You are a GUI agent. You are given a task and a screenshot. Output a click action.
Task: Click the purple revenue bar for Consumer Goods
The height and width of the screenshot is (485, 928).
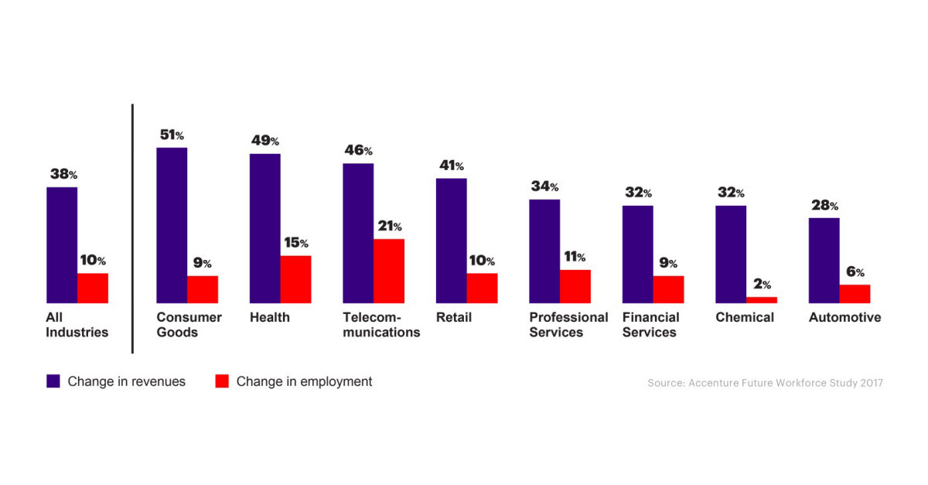tap(172, 224)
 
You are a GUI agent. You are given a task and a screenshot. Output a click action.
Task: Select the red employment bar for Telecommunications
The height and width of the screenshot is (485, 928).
tap(389, 271)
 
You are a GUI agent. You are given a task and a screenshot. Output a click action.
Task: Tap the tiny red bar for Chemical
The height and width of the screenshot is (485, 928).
tap(762, 299)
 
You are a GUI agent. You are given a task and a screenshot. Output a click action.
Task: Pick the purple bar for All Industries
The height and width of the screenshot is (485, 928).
tap(62, 244)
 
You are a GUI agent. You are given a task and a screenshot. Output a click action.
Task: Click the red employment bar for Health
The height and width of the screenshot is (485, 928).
tap(295, 279)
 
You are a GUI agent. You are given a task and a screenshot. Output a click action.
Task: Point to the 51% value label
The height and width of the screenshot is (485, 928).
tap(172, 135)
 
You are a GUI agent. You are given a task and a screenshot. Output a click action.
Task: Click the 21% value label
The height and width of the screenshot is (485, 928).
tap(389, 227)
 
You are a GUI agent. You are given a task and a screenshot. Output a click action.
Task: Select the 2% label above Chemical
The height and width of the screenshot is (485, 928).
tap(762, 285)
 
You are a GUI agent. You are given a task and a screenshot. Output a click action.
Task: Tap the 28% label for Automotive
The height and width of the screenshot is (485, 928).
tap(824, 206)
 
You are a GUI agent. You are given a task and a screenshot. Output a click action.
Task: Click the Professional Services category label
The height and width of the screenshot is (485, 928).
tap(568, 325)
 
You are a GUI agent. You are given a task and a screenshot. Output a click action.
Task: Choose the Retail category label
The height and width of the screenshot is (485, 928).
tap(454, 317)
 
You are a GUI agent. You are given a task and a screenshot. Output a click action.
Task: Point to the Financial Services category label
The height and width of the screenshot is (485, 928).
tap(650, 325)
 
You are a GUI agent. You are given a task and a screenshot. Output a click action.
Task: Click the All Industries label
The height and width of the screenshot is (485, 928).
tap(77, 325)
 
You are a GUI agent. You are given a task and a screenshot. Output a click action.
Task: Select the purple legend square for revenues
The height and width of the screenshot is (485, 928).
tap(53, 381)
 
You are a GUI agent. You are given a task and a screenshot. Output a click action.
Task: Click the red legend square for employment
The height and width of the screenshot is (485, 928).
tap(222, 381)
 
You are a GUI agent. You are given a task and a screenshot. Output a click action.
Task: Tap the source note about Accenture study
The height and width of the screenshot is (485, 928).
tap(765, 383)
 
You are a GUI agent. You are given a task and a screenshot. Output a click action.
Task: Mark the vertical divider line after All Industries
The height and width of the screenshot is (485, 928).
tap(132, 228)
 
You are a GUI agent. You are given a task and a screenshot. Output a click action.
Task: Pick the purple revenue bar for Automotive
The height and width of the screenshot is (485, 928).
tap(824, 260)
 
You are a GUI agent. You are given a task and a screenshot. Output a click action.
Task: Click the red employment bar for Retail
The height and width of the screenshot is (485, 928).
tap(482, 288)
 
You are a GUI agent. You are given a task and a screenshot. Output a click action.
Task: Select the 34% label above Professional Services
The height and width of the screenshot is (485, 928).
tap(544, 186)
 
